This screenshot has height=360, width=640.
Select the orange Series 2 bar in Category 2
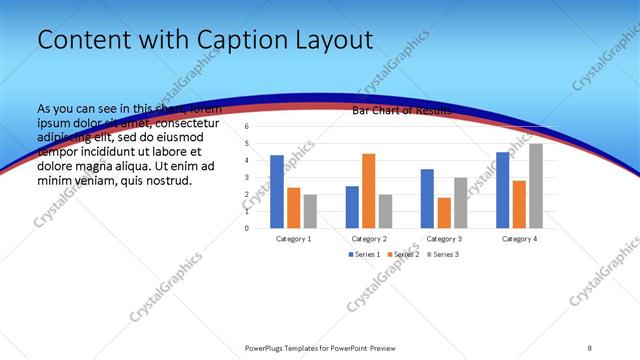point(368,191)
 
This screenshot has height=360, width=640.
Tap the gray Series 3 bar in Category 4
point(536,186)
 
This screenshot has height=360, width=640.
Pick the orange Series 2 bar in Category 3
point(444,213)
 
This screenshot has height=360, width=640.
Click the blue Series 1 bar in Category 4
point(502,190)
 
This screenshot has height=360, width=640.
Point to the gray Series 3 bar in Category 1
point(310,211)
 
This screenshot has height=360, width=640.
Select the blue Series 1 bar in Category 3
point(427,199)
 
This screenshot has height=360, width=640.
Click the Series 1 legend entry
point(364,255)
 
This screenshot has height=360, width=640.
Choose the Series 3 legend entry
point(442,255)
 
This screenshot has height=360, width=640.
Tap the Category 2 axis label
point(368,239)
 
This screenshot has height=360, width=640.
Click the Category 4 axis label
point(519,239)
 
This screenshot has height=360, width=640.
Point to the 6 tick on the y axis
point(247,127)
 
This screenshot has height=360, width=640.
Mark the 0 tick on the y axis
point(247,228)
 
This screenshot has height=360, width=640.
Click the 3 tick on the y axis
point(247,177)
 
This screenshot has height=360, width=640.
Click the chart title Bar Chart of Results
point(401,111)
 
